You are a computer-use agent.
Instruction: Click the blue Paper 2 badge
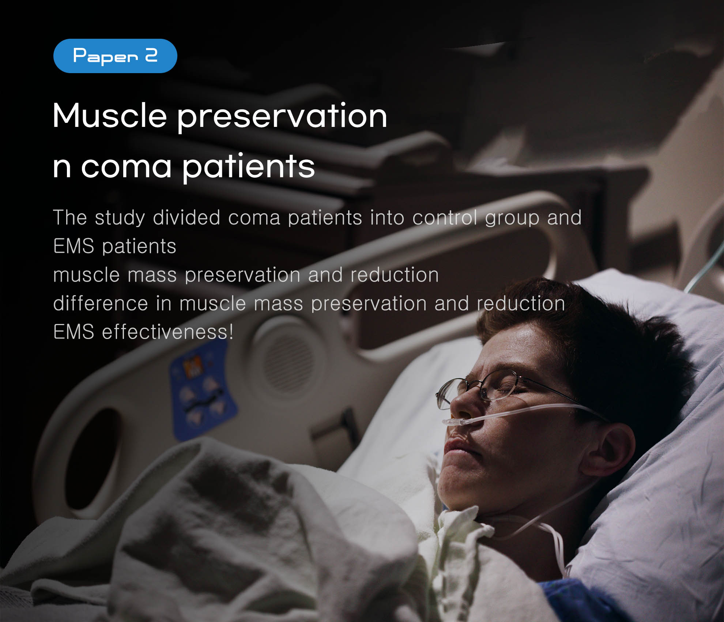[115, 56]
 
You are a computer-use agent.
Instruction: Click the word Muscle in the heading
[110, 116]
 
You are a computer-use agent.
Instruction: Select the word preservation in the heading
[282, 117]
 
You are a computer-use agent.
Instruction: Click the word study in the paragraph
[120, 218]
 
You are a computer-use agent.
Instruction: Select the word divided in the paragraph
[186, 218]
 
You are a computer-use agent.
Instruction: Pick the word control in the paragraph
[445, 218]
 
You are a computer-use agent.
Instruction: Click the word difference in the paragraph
[101, 304]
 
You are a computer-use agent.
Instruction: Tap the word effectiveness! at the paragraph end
[167, 332]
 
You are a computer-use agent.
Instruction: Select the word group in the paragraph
[512, 218]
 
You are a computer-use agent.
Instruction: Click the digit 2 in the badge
[151, 56]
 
